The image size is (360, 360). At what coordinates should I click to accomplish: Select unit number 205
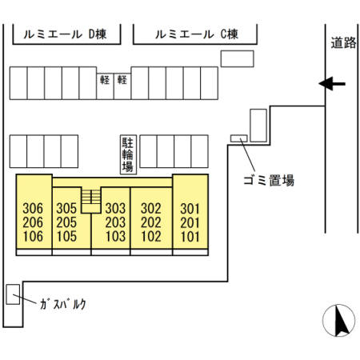click(66, 222)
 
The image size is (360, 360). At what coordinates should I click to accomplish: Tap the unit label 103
click(116, 236)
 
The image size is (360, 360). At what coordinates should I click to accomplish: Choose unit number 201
click(189, 222)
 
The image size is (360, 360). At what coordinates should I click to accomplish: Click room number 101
click(189, 236)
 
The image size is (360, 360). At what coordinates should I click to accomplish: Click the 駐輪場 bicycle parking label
click(126, 154)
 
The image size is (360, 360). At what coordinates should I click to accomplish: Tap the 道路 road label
click(342, 43)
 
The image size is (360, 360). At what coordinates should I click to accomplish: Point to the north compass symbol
click(338, 322)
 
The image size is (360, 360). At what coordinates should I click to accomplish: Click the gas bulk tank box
click(13, 294)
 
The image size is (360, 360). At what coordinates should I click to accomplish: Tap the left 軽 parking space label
click(105, 80)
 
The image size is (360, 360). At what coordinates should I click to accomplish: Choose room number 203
click(116, 222)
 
